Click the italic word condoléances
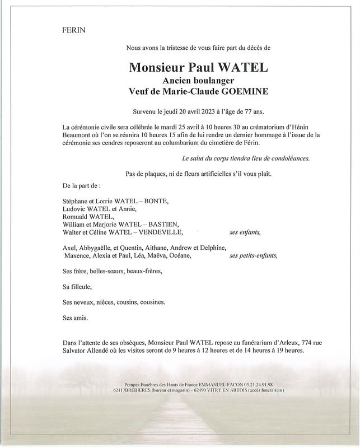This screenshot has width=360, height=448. pos(288,158)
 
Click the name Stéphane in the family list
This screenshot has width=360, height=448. pos(77,200)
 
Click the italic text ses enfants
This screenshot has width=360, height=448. pos(245,232)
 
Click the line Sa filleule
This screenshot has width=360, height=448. pos(76,287)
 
